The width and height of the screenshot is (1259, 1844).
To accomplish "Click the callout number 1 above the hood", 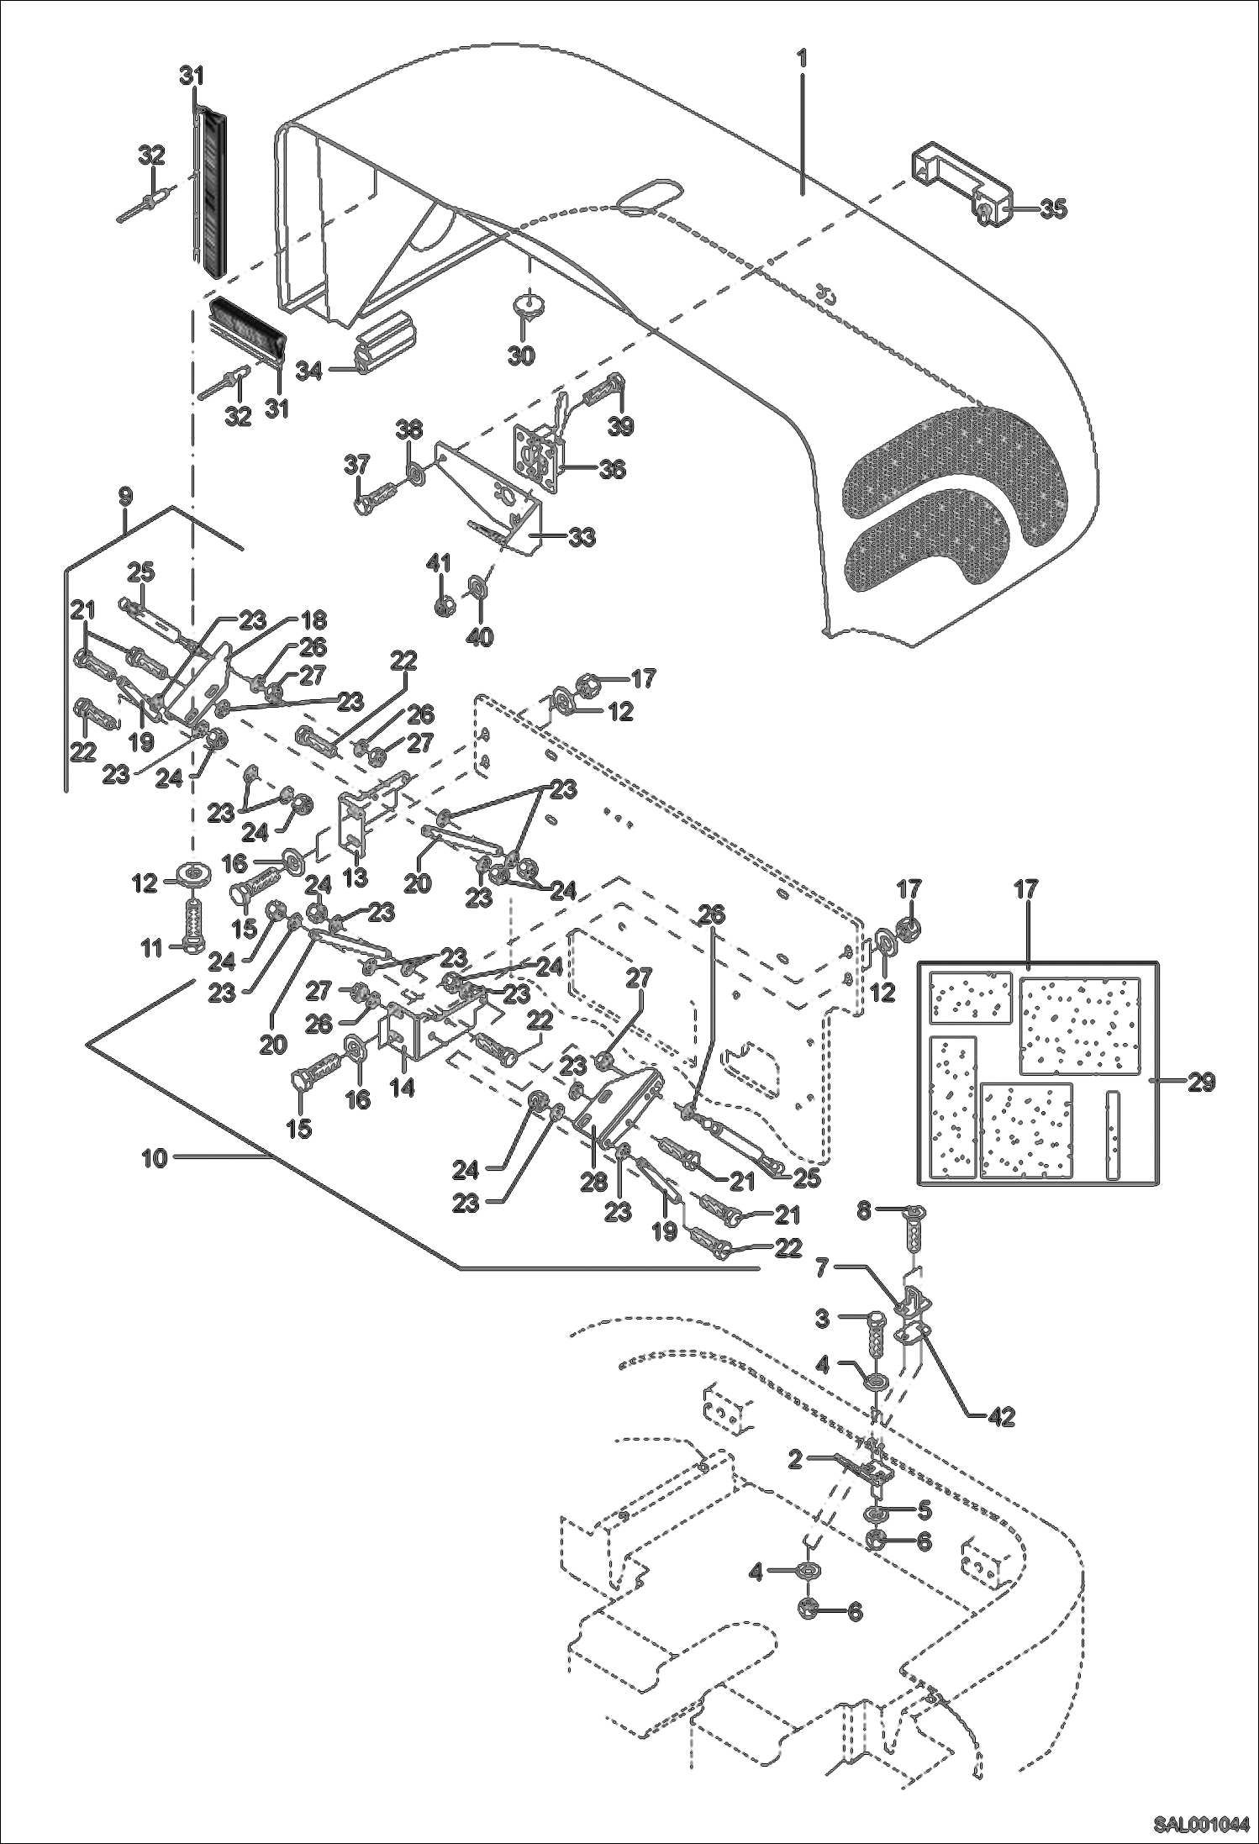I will (803, 58).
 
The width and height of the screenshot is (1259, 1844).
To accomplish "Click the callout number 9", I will (125, 496).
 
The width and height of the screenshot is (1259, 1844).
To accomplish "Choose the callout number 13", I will (356, 878).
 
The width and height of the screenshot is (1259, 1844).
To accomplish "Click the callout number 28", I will (593, 1181).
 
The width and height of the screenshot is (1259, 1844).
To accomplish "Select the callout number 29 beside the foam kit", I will (1201, 1083).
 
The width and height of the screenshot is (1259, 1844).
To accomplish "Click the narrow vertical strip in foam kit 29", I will (1114, 1134).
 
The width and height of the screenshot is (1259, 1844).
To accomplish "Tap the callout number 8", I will (865, 1211).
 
